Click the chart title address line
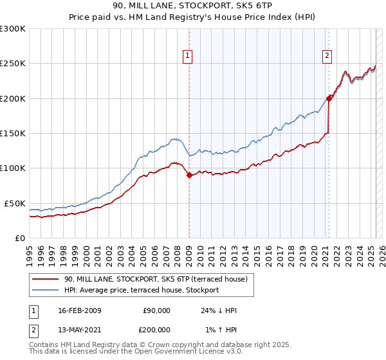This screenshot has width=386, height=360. pyautogui.click(x=192, y=7)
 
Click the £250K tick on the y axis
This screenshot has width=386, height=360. pyautogui.click(x=12, y=64)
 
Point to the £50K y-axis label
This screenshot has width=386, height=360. pyautogui.click(x=14, y=203)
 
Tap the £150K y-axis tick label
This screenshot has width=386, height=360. pyautogui.click(x=12, y=134)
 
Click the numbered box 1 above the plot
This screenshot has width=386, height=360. pyautogui.click(x=187, y=56)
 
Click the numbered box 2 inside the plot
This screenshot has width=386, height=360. pyautogui.click(x=327, y=56)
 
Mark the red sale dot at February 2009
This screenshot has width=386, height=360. pyautogui.click(x=189, y=175)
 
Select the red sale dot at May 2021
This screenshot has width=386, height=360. pyautogui.click(x=329, y=98)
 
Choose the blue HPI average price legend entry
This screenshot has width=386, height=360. pyautogui.click(x=141, y=290)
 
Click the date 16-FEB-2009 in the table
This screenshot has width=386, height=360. pyautogui.click(x=78, y=310)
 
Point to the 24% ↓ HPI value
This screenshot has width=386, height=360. pyautogui.click(x=219, y=310)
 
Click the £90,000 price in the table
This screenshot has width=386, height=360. pyautogui.click(x=156, y=310)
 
